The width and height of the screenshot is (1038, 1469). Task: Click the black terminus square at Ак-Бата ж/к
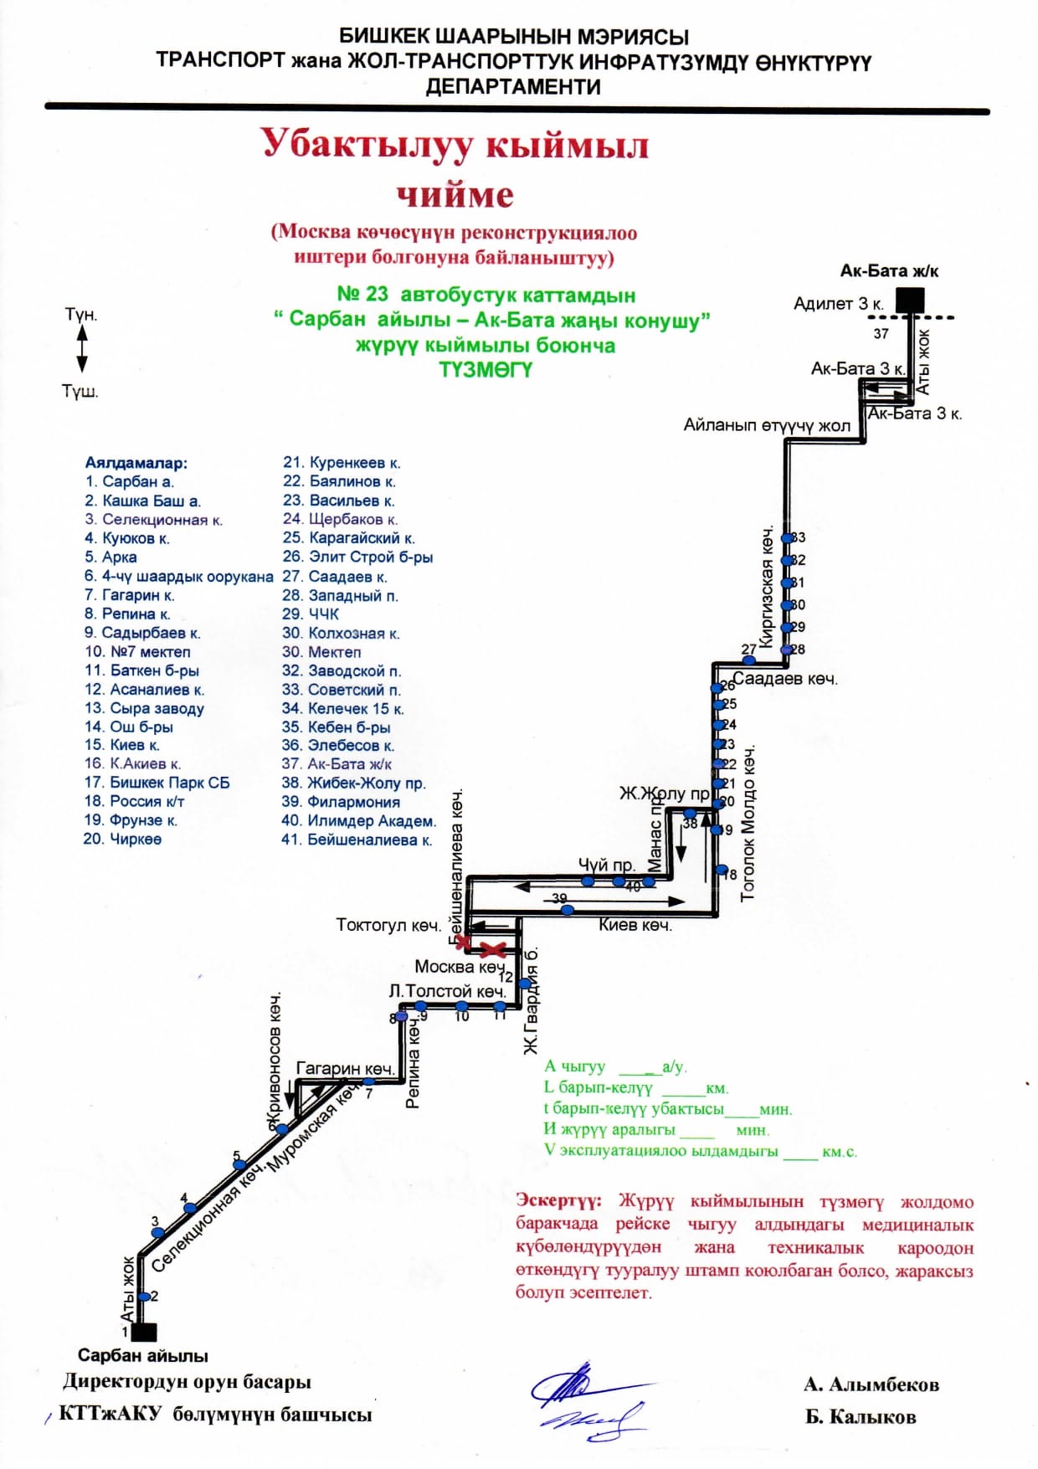tap(910, 300)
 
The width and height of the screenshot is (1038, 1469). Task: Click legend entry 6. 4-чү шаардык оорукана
tap(178, 577)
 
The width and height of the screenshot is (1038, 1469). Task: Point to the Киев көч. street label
tap(635, 925)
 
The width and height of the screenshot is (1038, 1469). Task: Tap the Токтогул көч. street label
tap(388, 925)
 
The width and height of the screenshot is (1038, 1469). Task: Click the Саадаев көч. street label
tap(785, 679)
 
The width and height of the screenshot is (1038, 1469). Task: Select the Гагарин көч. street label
tap(345, 1068)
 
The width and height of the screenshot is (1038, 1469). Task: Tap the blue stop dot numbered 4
tap(190, 1208)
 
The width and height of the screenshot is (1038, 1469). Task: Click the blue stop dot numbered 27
tap(750, 660)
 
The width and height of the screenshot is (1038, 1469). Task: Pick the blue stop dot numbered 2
tap(143, 1297)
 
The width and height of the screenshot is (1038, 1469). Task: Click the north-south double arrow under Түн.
tap(82, 348)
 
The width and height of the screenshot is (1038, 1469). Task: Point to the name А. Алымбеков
tap(871, 1384)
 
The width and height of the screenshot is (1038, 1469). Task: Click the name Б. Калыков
tap(861, 1417)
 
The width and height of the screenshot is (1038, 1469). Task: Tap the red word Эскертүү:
tap(558, 1201)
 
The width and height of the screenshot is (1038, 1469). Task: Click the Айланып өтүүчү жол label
tap(767, 425)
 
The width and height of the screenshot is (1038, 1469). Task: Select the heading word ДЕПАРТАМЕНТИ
tap(513, 86)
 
